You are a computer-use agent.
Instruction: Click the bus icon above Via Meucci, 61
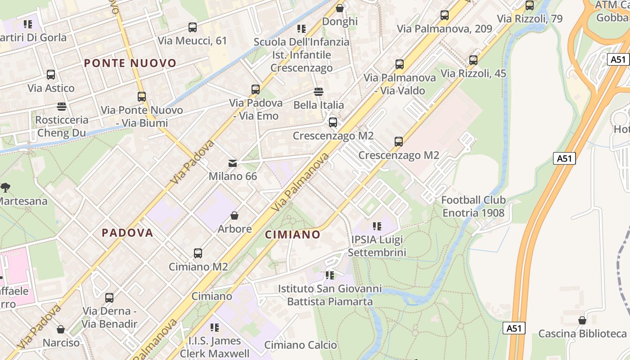(193, 27)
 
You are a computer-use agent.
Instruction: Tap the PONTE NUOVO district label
(130, 63)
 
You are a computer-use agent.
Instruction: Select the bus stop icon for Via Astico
(51, 75)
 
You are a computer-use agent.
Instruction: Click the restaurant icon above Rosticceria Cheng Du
(62, 107)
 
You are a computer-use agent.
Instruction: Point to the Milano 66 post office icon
(233, 163)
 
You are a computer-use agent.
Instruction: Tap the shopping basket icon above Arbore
(234, 216)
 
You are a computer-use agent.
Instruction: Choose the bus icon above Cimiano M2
(198, 253)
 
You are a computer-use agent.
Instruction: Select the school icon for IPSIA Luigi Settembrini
(377, 226)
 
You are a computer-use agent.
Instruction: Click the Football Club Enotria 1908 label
(473, 206)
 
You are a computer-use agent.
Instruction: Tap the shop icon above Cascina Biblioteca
(582, 320)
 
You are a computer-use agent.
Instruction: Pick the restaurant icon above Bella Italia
(319, 92)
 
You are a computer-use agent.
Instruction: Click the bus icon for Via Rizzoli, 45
(473, 60)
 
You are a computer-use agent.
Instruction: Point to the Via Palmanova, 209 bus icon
(445, 15)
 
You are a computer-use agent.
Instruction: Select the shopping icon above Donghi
(340, 8)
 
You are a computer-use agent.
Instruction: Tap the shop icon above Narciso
(61, 329)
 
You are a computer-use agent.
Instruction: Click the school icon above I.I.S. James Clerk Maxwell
(215, 328)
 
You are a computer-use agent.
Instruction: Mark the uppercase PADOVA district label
(127, 233)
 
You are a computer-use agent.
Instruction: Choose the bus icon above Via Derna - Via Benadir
(109, 298)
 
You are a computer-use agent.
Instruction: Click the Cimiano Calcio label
(301, 345)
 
